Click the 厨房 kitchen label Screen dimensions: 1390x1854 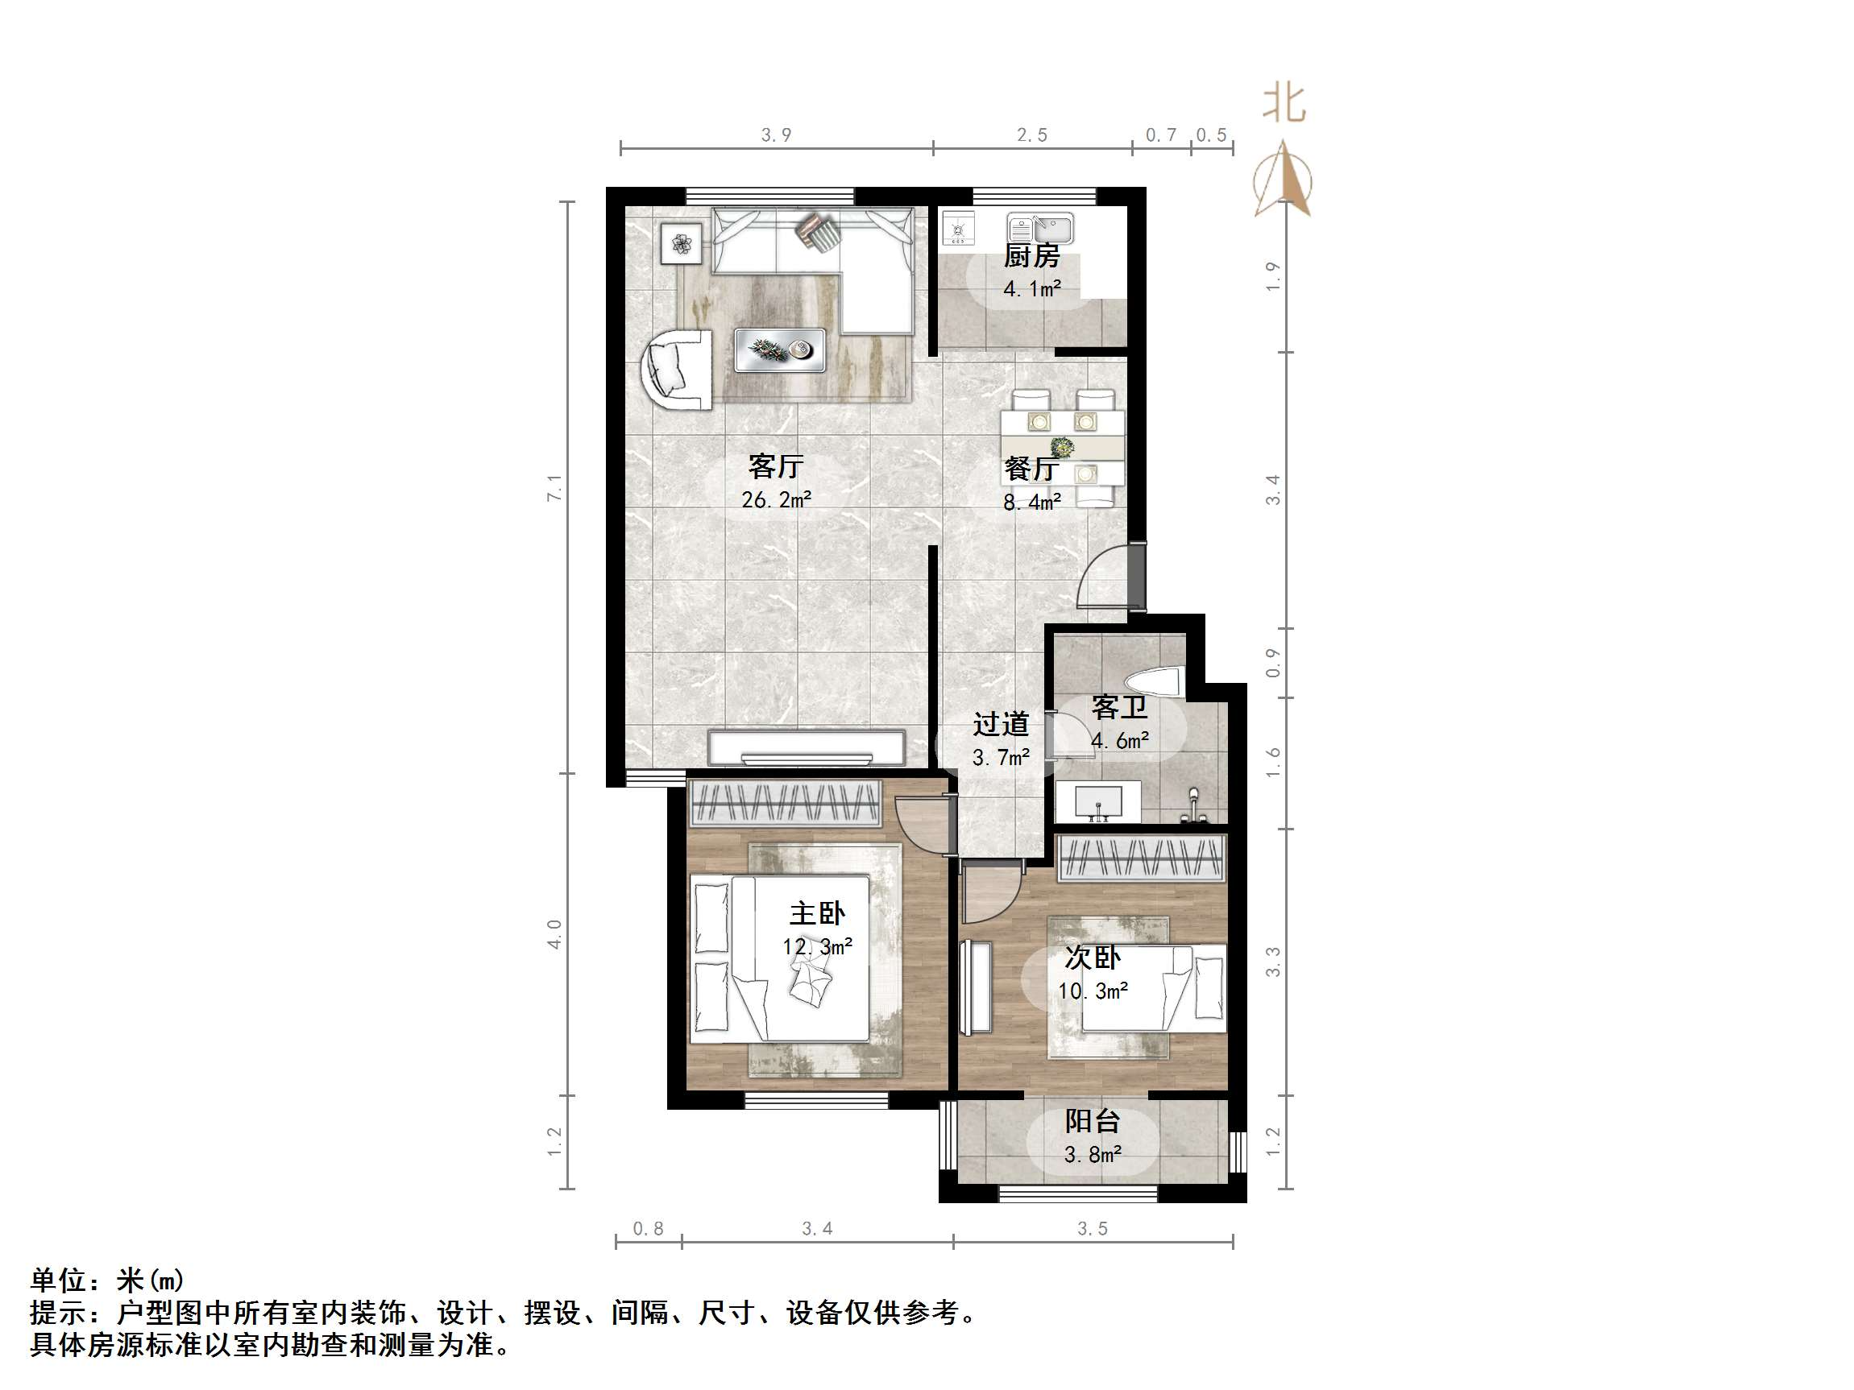[1032, 255]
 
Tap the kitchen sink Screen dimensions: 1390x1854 [1040, 228]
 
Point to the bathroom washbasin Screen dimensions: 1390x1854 [1098, 803]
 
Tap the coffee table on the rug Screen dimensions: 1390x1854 [779, 350]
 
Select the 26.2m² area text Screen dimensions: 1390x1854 [776, 500]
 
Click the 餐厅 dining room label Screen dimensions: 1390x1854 [1030, 469]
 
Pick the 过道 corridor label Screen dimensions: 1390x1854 [1001, 724]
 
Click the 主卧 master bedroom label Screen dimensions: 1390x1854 [817, 912]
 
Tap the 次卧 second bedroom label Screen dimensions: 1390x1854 [1092, 957]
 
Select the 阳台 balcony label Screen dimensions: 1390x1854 [1092, 1120]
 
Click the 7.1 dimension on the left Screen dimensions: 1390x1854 [554, 488]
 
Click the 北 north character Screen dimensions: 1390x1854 [1284, 103]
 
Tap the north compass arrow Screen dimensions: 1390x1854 [1284, 180]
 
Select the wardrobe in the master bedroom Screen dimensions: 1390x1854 [785, 804]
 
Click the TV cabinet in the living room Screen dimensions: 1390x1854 [807, 747]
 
